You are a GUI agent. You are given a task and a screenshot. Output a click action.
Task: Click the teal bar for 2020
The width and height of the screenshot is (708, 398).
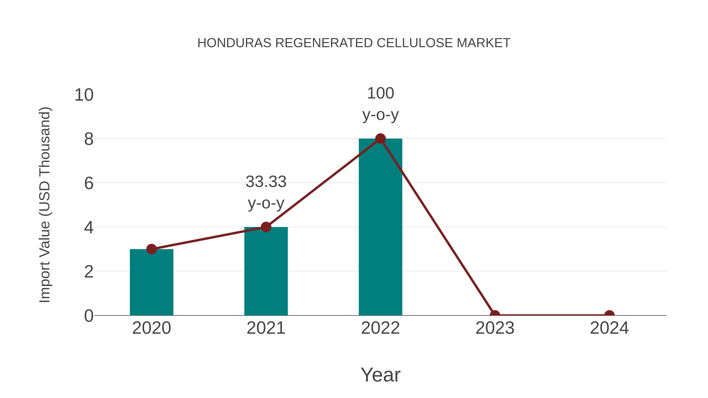pyautogui.click(x=151, y=283)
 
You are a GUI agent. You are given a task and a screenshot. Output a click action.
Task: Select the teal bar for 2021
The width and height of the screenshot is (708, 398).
pyautogui.click(x=266, y=272)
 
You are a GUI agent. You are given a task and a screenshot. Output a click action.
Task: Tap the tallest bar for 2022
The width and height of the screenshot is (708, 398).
pyautogui.click(x=380, y=228)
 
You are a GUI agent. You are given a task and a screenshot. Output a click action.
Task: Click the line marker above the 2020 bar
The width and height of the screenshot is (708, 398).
pyautogui.click(x=151, y=249)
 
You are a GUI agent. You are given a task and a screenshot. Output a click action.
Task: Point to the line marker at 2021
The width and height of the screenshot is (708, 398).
pyautogui.click(x=266, y=227)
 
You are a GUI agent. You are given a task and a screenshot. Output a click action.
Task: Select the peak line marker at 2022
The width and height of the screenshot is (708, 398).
pyautogui.click(x=380, y=139)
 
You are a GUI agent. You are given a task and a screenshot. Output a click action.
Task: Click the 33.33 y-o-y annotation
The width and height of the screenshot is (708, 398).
pyautogui.click(x=266, y=192)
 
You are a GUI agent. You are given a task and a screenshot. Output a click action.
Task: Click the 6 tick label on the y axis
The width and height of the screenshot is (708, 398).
pyautogui.click(x=88, y=183)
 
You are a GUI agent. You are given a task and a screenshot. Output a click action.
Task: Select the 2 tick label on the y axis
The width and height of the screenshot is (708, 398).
pyautogui.click(x=88, y=272)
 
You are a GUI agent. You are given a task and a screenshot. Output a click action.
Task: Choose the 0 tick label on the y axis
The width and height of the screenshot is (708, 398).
pyautogui.click(x=88, y=316)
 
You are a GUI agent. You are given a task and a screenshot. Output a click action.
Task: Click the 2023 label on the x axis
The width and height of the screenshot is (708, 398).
pyautogui.click(x=495, y=328)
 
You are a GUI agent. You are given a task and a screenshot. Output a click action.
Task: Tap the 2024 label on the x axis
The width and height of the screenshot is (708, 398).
pyautogui.click(x=609, y=328)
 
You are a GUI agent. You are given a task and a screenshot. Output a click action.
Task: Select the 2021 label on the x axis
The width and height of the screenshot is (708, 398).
pyautogui.click(x=266, y=328)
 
